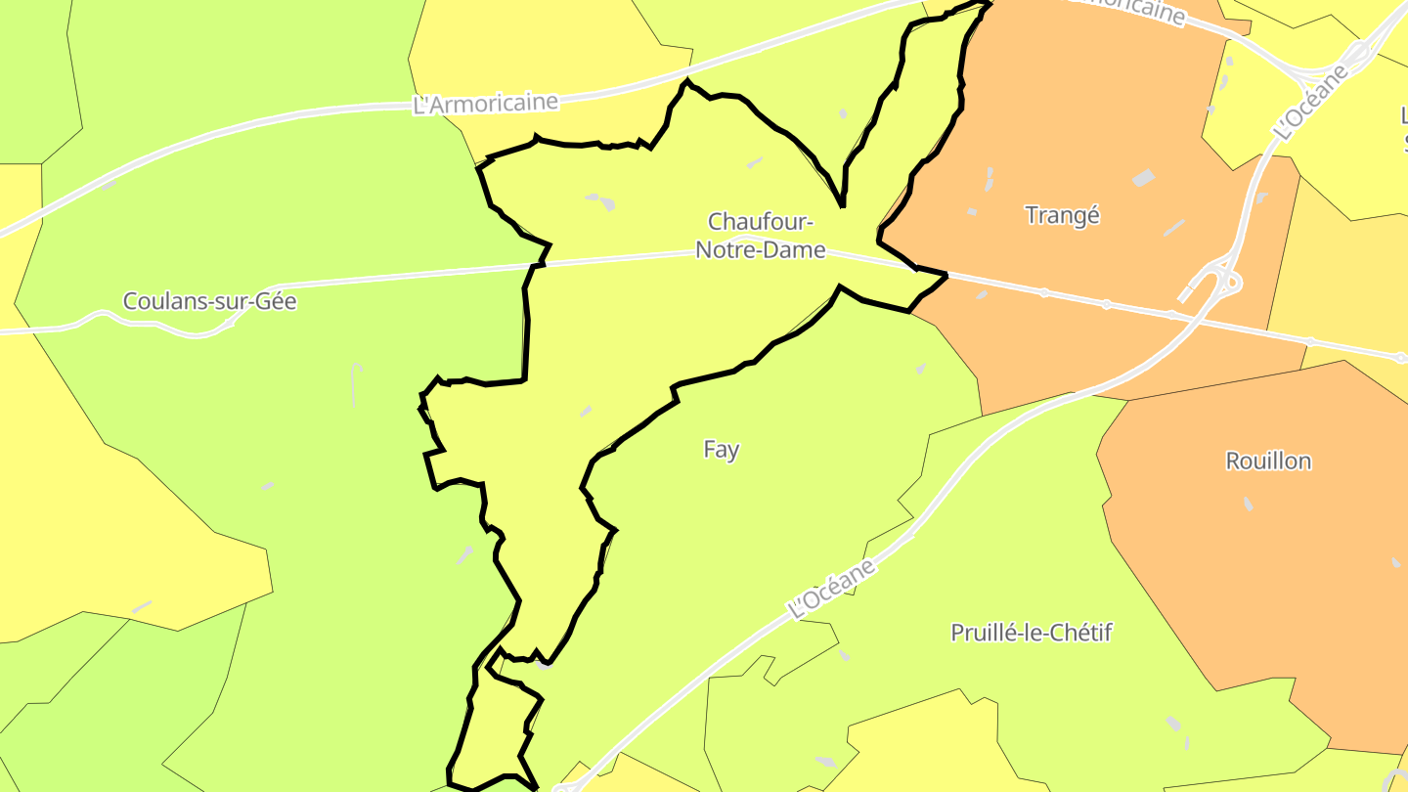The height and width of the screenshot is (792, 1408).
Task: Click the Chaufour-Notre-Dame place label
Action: point(760,236)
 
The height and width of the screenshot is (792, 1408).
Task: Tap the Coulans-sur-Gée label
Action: point(209,301)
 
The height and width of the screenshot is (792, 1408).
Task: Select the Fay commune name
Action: point(721,450)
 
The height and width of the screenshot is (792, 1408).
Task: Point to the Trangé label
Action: point(1062,215)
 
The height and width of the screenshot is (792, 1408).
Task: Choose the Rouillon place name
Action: point(1268,461)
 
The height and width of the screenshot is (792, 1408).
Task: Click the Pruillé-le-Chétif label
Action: point(1032,633)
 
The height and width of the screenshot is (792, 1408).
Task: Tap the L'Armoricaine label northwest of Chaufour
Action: point(486,103)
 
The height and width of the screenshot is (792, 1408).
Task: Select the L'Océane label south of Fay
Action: point(832,589)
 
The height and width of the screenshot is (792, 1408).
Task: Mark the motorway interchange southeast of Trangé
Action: point(1218,283)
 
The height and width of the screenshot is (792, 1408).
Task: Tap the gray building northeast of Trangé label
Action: point(1143,178)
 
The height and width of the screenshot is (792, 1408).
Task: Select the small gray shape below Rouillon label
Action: point(1248,504)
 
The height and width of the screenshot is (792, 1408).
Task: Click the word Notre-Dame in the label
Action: point(760,250)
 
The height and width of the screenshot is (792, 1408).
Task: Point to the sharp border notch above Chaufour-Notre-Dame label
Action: point(842,205)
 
